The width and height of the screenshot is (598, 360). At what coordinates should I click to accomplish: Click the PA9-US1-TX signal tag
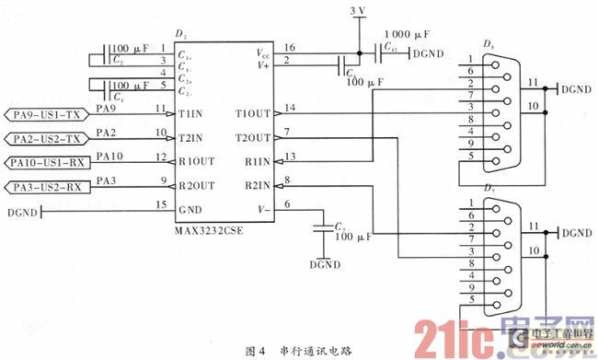point(46,116)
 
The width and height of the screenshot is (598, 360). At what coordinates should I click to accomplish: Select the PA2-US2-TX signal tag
point(46,139)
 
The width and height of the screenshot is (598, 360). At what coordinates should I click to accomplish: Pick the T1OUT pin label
point(254,114)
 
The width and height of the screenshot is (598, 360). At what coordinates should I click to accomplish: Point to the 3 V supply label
point(358,10)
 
